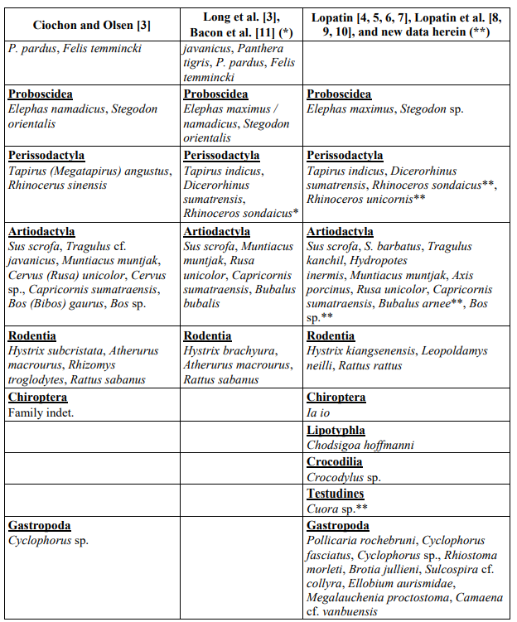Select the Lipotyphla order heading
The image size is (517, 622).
335,430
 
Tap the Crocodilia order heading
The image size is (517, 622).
335,462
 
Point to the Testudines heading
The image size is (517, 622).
336,494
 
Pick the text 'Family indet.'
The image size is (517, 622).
41,412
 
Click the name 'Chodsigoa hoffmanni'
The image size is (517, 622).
360,445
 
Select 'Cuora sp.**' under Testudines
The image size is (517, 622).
337,509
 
